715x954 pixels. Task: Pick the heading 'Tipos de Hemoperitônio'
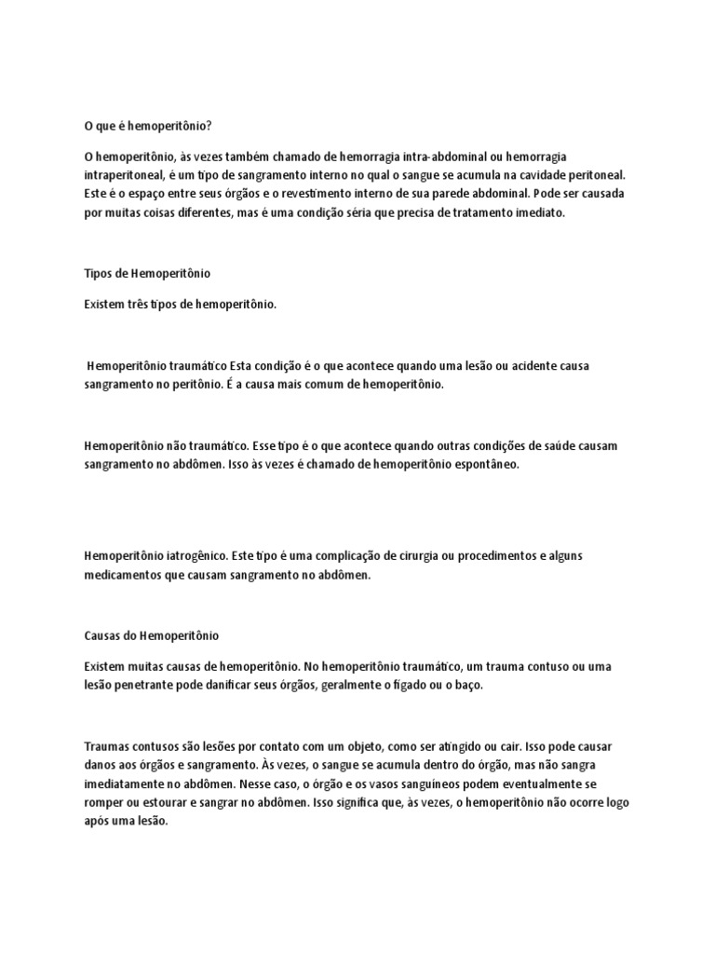point(147,274)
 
